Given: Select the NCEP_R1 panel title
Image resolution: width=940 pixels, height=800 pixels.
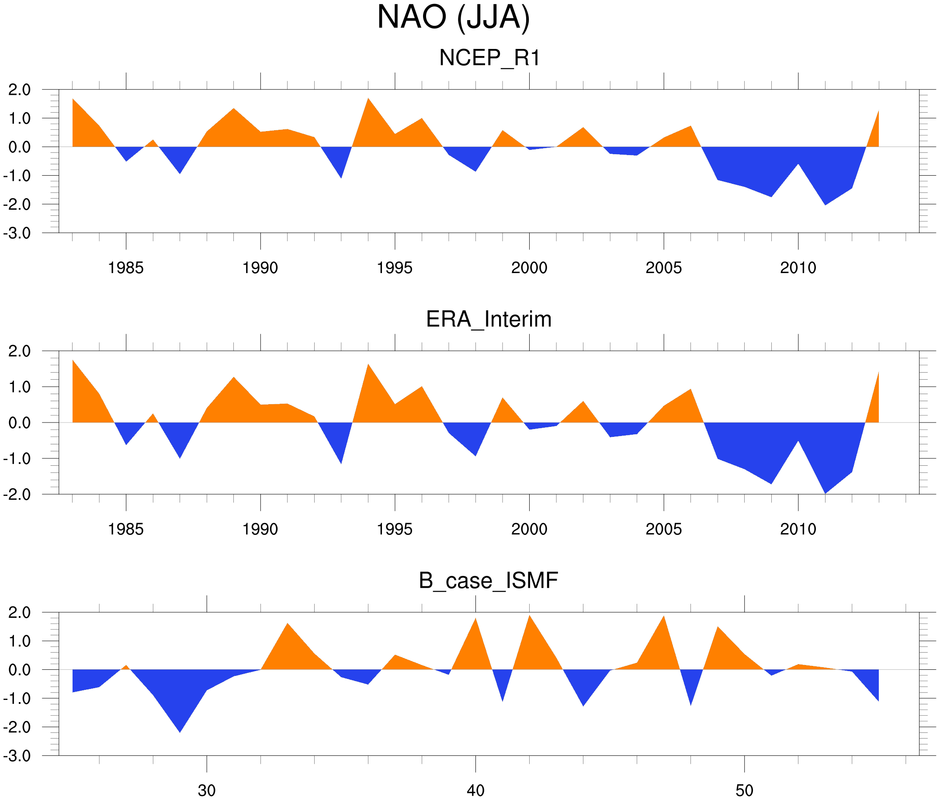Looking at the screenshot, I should [489, 58].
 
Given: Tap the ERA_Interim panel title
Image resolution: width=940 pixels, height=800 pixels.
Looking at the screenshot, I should [489, 319].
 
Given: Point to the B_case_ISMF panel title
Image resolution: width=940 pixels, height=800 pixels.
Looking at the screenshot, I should [488, 581].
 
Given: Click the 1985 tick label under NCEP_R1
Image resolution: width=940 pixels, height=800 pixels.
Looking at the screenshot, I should [126, 268].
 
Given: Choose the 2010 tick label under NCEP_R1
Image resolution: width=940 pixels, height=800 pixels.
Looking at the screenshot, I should [798, 268].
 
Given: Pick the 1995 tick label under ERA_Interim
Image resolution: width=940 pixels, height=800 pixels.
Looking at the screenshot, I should [395, 529].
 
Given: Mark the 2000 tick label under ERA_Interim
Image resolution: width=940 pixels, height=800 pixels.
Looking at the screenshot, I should [529, 529].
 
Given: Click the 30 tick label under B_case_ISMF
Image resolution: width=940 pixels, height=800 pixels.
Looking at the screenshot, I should [207, 790].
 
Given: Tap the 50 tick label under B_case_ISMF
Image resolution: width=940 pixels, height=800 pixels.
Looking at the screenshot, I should [745, 790].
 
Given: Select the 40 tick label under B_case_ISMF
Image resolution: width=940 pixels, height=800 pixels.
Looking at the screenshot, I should [475, 790].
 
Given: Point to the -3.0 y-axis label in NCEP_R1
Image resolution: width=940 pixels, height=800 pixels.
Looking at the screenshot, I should [17, 234].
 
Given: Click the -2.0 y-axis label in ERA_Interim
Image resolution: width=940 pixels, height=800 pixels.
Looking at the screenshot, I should [17, 494].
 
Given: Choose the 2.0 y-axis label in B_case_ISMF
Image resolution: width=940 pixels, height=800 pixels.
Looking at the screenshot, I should [20, 613].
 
